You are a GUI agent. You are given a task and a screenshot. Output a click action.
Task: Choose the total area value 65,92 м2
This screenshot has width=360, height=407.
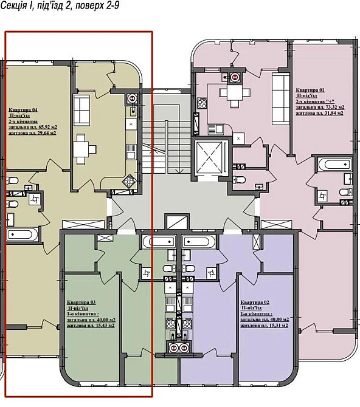(45, 126)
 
